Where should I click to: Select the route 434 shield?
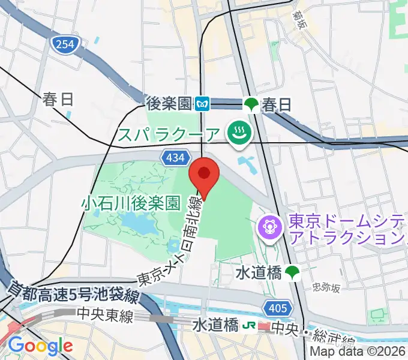coord(172,157)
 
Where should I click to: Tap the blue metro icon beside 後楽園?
coord(203,104)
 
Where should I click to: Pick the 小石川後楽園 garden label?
coord(131,203)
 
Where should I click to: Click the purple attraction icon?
coord(269,227)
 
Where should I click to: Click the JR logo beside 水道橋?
coord(247,326)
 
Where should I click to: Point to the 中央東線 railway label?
coord(104,314)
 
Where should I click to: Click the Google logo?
coord(40,345)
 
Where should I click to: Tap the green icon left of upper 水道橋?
coord(292,272)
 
